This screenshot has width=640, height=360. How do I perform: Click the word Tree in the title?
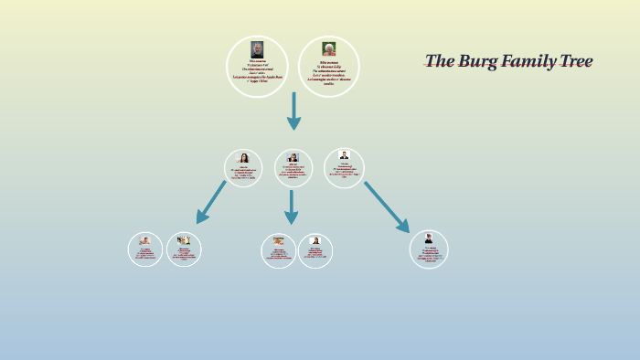pos(571,61)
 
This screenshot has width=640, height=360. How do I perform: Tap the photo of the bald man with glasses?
pos(257,49)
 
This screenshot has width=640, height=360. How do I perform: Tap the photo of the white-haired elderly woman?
pos(328,48)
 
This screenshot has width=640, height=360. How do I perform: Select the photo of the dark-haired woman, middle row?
pos(244,158)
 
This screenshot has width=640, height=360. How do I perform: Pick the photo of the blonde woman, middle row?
pos(293,157)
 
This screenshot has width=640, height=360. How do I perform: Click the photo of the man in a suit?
pos(344,155)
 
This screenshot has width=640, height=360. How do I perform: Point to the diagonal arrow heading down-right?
pos(387,206)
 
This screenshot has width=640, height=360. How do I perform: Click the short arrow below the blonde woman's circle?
pos(291,206)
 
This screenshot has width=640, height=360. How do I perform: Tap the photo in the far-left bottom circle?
pos(145,240)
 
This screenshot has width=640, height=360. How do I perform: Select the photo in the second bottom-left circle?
pos(184,239)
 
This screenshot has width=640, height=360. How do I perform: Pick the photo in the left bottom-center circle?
pos(278,240)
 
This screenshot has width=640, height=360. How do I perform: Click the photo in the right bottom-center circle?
pos(315,240)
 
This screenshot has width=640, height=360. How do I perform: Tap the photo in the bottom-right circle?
pos(429,238)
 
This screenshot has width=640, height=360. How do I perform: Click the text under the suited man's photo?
pos(344,170)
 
